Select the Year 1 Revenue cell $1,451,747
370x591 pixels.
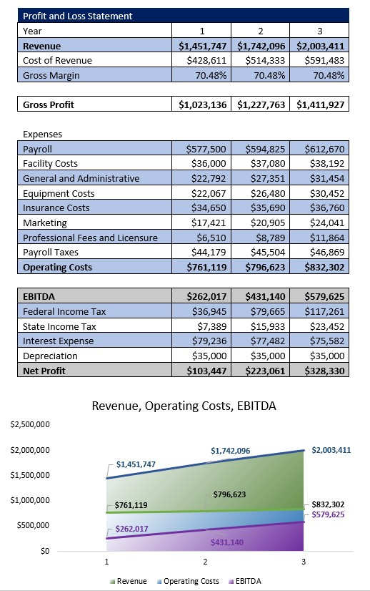203,46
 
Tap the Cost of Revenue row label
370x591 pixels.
57,61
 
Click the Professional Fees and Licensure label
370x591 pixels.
90,238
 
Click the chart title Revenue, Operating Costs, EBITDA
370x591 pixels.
184,406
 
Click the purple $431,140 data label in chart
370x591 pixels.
227,542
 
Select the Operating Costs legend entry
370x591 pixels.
187,581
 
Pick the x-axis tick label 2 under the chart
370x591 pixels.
205,562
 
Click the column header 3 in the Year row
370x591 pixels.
321,31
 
